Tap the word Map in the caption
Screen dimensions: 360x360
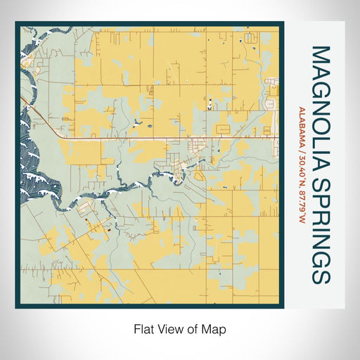[x=217, y=328]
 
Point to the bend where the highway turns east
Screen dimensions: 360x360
[x=63, y=138]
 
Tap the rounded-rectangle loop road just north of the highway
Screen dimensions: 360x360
[x=222, y=129]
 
